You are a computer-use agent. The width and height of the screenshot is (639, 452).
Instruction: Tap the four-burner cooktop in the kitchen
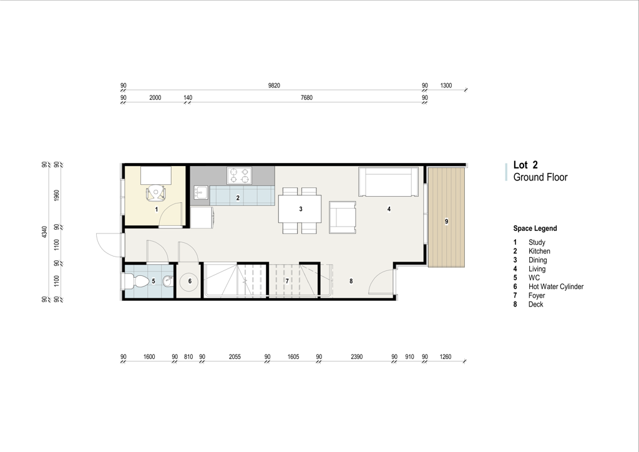(x=239, y=175)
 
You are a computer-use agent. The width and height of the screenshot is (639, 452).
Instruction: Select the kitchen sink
(x=201, y=192)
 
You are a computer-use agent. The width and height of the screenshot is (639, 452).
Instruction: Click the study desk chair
(x=156, y=192)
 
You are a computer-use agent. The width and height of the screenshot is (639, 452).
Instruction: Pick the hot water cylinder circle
(x=190, y=281)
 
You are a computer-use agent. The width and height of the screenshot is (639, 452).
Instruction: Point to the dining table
(x=300, y=209)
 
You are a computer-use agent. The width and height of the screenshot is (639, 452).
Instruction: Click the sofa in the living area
(x=388, y=182)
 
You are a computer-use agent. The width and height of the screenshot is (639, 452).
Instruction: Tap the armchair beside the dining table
(x=343, y=217)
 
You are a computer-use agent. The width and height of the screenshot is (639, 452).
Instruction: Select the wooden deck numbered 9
(x=446, y=217)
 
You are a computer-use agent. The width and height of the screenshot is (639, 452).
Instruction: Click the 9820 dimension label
(x=274, y=86)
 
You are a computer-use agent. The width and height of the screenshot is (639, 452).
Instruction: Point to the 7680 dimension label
(x=306, y=98)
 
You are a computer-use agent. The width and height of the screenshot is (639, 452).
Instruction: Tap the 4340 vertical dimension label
(x=44, y=232)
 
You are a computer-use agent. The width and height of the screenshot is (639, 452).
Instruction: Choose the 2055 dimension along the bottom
(x=235, y=357)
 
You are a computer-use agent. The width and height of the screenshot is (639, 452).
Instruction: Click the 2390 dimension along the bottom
(x=356, y=357)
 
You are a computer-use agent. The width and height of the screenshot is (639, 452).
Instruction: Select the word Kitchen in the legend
(x=539, y=251)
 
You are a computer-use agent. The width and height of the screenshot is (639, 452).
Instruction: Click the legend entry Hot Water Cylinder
(x=556, y=287)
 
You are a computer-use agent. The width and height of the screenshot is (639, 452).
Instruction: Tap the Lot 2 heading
(x=525, y=165)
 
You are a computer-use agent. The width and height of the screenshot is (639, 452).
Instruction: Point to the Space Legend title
(x=535, y=228)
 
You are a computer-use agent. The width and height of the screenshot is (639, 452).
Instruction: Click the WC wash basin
(x=168, y=281)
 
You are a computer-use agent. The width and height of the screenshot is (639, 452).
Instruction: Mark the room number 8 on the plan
(x=351, y=281)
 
